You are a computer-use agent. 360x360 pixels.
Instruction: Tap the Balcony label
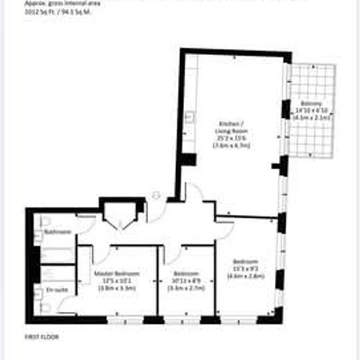click(312, 103)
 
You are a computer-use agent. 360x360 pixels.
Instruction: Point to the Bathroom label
click(57, 232)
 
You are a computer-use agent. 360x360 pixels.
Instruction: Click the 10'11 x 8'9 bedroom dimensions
click(187, 280)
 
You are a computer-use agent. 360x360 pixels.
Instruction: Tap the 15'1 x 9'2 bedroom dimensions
click(245, 268)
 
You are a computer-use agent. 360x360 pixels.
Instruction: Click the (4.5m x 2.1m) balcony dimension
click(312, 118)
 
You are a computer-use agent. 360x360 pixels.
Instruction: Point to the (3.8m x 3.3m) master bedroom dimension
click(117, 288)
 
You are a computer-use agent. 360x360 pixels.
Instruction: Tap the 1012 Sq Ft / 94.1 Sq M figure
click(58, 12)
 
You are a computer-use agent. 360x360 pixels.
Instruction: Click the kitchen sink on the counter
click(189, 118)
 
